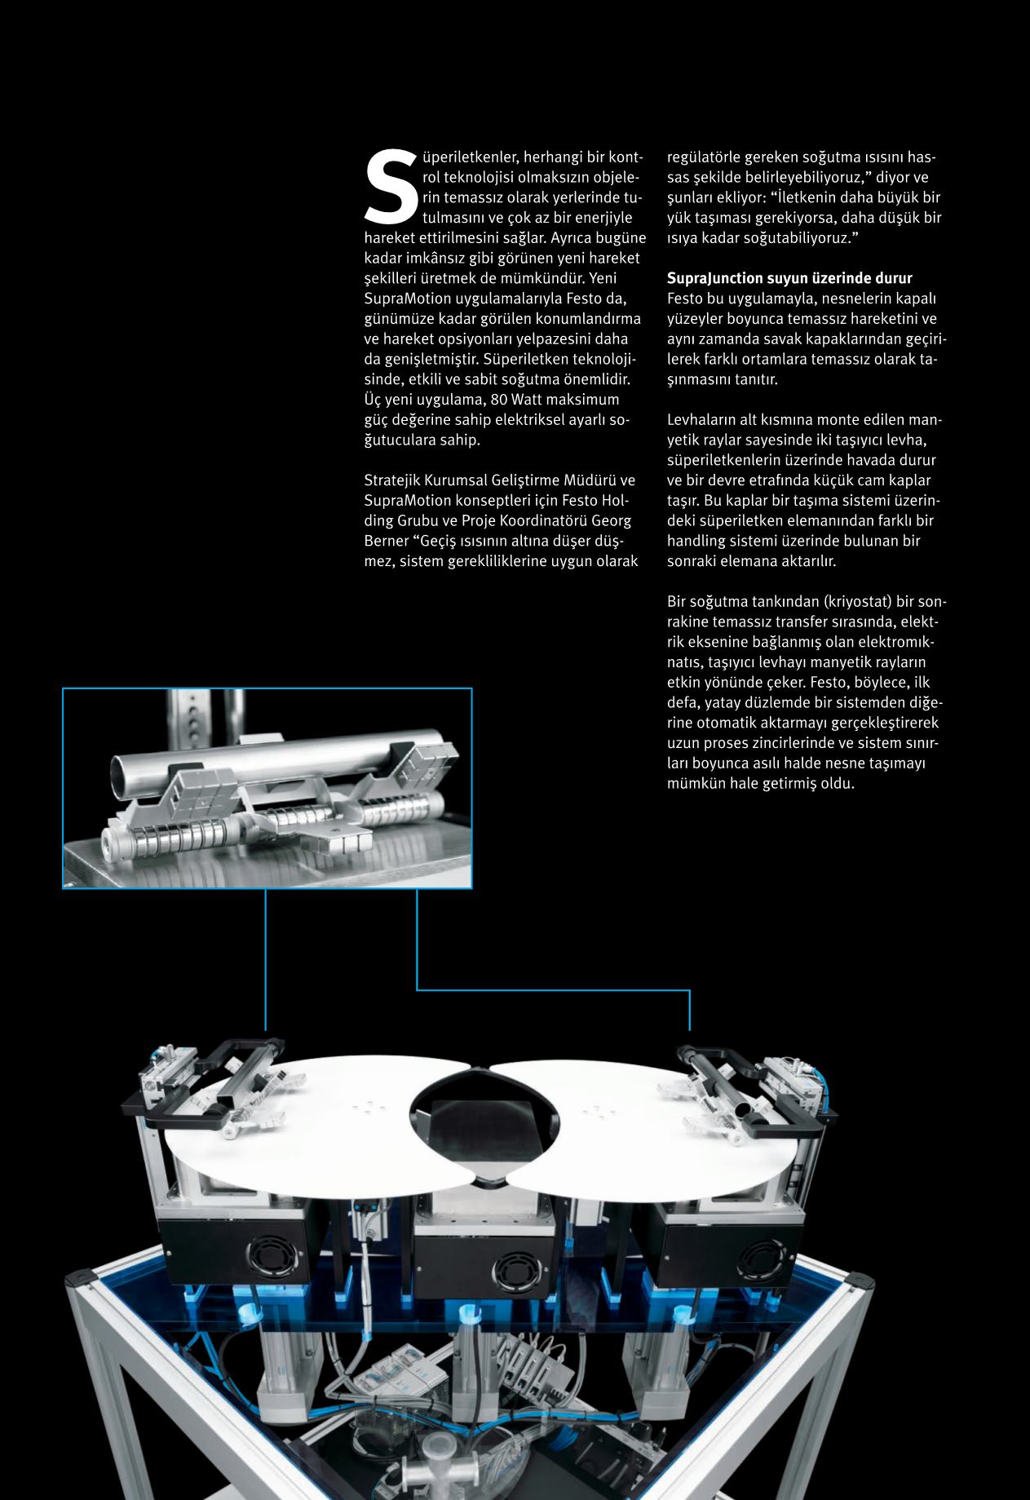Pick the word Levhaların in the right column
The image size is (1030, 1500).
click(x=702, y=420)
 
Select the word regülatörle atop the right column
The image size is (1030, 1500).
click(x=705, y=157)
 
